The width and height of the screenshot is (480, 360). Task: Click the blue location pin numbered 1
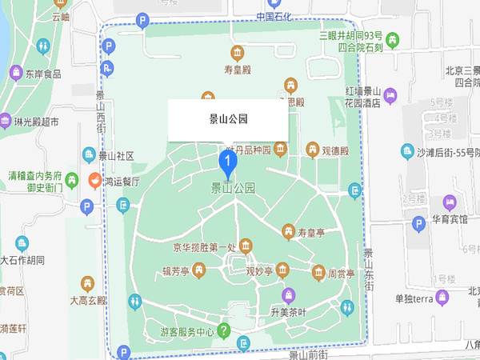[x=227, y=164]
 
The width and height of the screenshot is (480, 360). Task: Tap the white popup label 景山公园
[x=227, y=119]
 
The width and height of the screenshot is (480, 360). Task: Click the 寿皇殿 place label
[x=238, y=71]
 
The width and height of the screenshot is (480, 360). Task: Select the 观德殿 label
[x=334, y=150]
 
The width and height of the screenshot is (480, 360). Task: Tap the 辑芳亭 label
[x=175, y=271]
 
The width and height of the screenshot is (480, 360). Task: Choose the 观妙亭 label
[x=260, y=271]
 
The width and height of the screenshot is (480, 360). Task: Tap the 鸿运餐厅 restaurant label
[x=123, y=182]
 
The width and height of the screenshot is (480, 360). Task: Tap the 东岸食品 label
[x=42, y=74]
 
